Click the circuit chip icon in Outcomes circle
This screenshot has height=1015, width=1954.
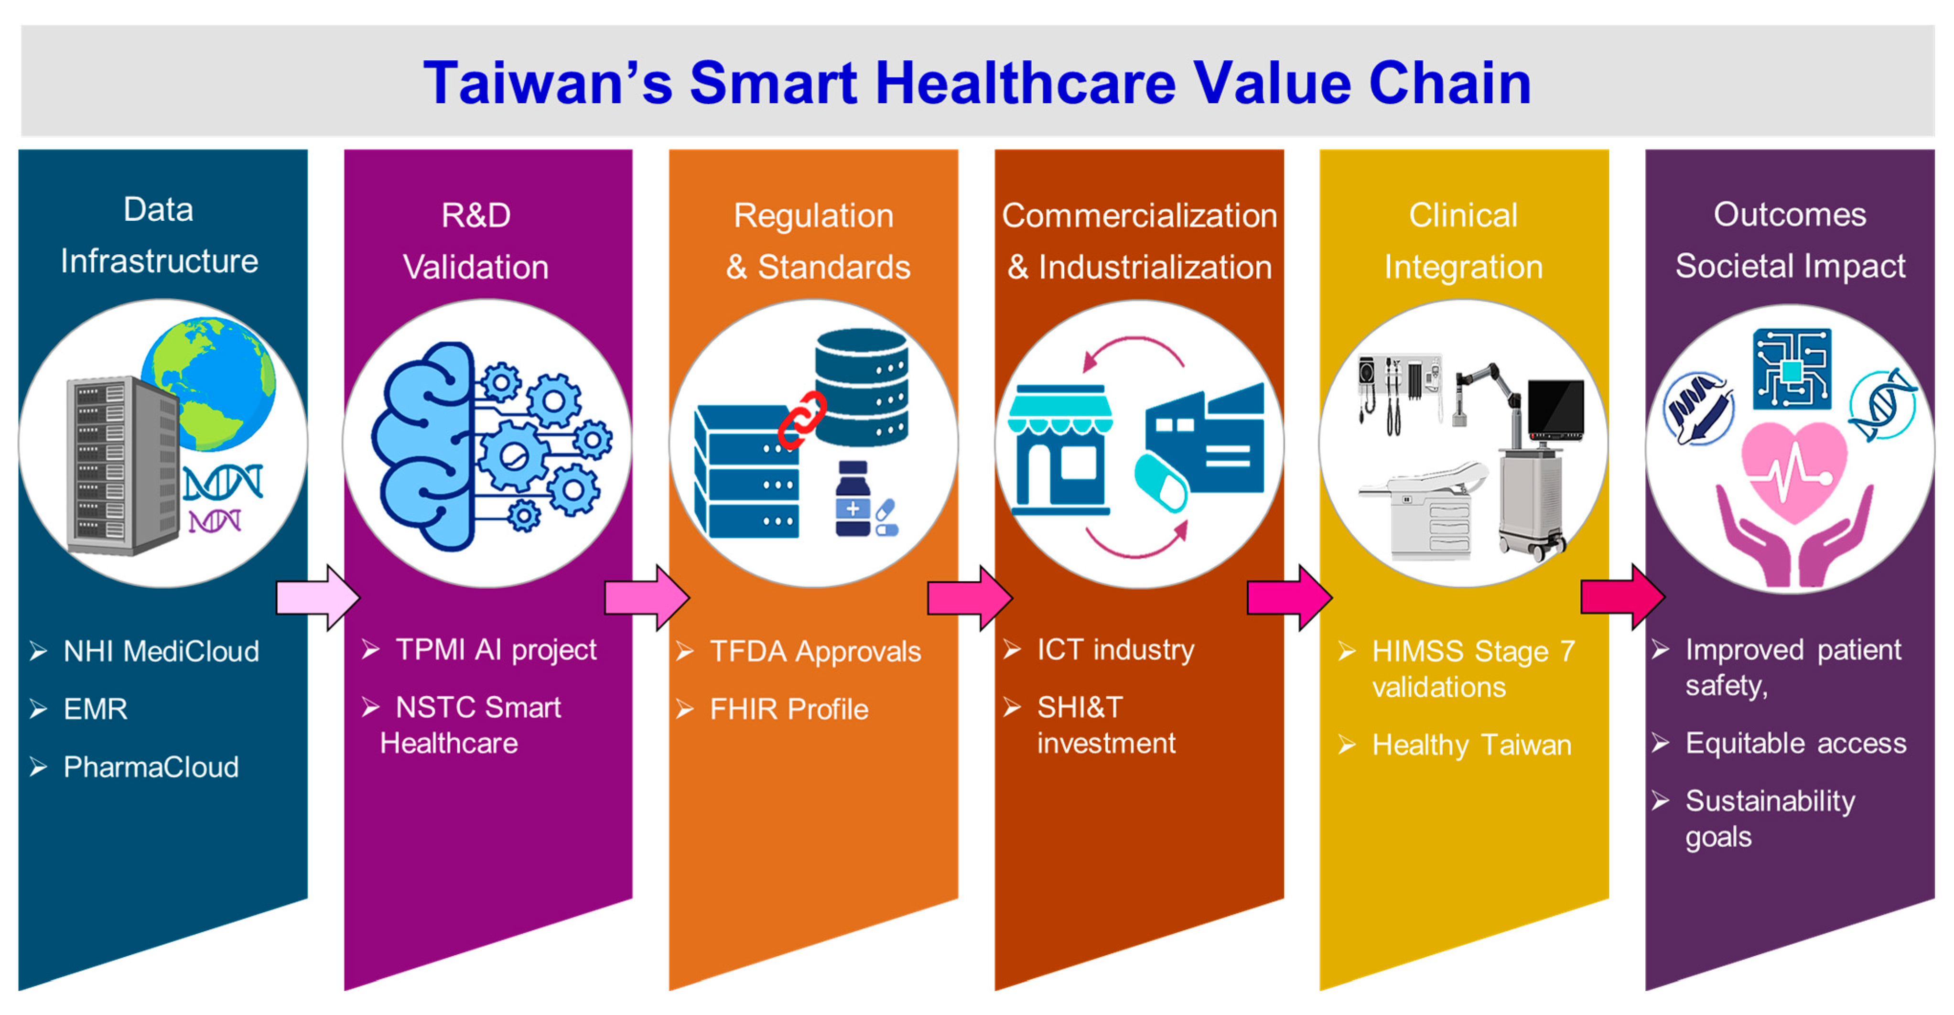click(1792, 368)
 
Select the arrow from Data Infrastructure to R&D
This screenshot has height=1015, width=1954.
click(318, 598)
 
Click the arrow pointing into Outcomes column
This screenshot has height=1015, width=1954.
click(1622, 597)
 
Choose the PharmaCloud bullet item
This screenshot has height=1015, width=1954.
click(150, 767)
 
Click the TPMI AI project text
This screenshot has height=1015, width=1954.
click(496, 650)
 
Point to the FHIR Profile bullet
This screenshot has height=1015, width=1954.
click(789, 709)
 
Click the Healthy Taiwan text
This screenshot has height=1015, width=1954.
click(1471, 745)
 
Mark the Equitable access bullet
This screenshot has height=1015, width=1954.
click(1795, 744)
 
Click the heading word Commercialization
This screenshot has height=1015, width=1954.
click(1139, 216)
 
